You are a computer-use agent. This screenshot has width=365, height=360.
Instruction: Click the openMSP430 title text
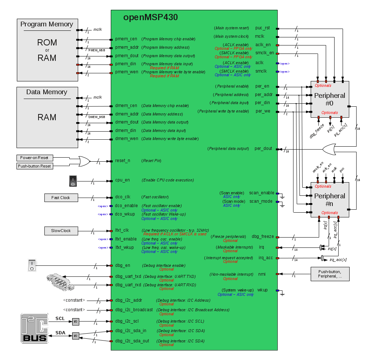point(150,17)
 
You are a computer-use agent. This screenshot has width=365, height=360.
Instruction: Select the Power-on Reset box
point(34,158)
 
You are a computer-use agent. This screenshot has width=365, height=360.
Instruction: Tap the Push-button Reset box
point(34,166)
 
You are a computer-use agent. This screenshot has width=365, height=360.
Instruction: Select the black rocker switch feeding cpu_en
point(73,181)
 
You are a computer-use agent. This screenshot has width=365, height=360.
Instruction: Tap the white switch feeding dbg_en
point(32,265)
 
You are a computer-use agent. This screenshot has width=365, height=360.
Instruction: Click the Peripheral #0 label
point(329,99)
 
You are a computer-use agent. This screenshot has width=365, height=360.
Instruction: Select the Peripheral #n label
point(329,199)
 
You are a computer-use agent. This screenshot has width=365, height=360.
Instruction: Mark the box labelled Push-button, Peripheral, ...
point(330,274)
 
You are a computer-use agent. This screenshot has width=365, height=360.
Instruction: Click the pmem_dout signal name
point(127,56)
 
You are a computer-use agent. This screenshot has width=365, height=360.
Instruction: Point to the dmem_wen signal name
point(127,139)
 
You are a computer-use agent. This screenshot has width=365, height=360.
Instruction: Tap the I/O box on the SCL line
point(76,322)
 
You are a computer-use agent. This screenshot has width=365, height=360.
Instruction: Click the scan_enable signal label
point(262,193)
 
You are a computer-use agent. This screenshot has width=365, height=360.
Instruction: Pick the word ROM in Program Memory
point(47,43)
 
